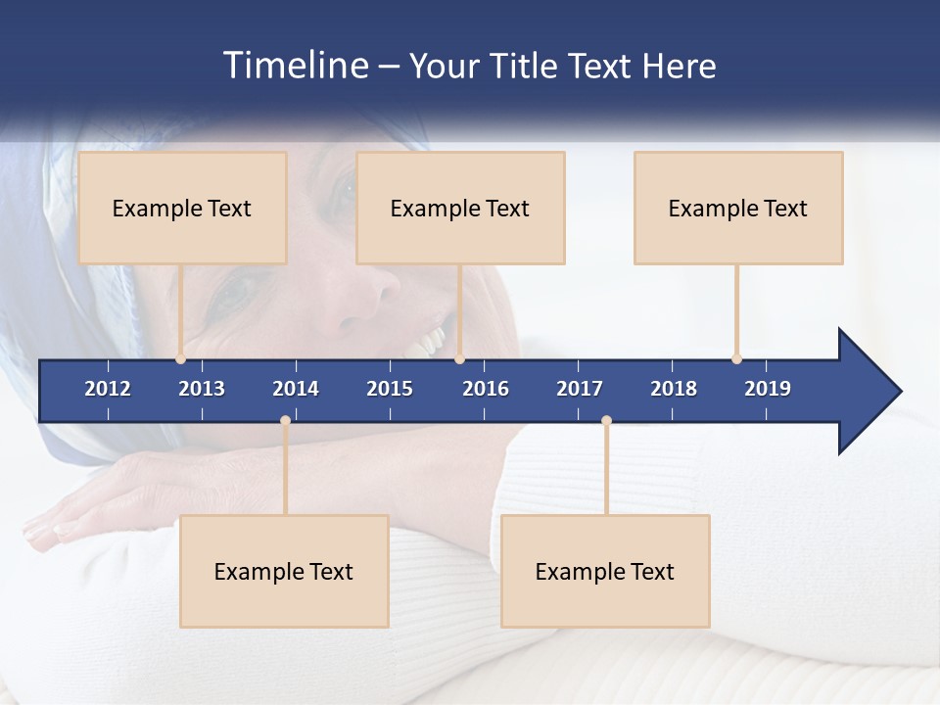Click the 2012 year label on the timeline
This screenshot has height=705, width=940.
pyautogui.click(x=108, y=389)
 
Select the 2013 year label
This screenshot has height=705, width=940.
pyautogui.click(x=202, y=389)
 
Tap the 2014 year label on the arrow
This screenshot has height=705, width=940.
pyautogui.click(x=296, y=389)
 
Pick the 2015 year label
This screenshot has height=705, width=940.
pyautogui.click(x=390, y=389)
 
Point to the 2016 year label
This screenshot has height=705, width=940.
pyautogui.click(x=486, y=389)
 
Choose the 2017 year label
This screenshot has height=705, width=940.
pyautogui.click(x=580, y=389)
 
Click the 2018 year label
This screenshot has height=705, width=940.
pyautogui.click(x=674, y=389)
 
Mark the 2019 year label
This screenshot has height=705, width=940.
pyautogui.click(x=768, y=389)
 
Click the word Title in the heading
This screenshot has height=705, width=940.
pyautogui.click(x=523, y=66)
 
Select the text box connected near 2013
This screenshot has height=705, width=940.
pyautogui.click(x=182, y=208)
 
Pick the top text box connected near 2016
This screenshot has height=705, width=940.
pyautogui.click(x=460, y=208)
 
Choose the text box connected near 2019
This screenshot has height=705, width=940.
pyautogui.click(x=738, y=208)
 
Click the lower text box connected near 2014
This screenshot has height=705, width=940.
pyautogui.click(x=284, y=571)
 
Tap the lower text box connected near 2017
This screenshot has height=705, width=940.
pyautogui.click(x=605, y=571)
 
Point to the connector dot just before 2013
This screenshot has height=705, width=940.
pyautogui.click(x=180, y=359)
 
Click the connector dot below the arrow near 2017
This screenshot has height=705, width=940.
pyautogui.click(x=606, y=420)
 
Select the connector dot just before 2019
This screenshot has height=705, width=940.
pyautogui.click(x=736, y=359)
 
